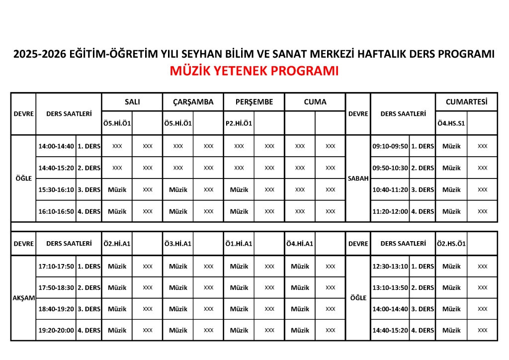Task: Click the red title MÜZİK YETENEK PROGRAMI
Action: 254,71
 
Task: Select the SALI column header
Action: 132,102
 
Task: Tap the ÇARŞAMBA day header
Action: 193,102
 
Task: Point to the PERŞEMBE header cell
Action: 254,102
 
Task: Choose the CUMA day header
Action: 315,102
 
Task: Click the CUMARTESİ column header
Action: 466,102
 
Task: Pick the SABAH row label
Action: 358,179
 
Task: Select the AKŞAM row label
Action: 23,298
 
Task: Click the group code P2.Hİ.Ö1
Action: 239,123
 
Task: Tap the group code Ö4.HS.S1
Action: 451,123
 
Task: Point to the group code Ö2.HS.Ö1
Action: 451,244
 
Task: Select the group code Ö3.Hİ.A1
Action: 178,244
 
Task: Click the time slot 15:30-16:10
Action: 56,189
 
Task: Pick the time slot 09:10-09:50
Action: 390,146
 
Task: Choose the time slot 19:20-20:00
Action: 56,330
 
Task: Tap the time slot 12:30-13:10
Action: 390,266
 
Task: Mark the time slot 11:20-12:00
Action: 390,211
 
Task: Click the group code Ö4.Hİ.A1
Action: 300,244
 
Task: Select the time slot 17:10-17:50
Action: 56,266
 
